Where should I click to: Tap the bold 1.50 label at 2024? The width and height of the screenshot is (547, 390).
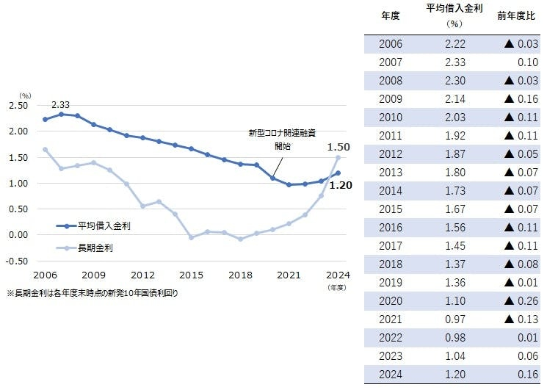pos(338,147)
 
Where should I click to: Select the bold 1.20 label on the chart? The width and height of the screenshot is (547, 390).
pos(341,185)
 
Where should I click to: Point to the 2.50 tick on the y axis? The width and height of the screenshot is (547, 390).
pos(19,106)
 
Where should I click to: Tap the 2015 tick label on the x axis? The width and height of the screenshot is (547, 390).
pos(192,275)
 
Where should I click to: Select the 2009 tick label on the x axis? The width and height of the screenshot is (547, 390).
pos(93,275)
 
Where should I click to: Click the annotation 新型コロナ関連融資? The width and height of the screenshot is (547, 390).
pos(281,134)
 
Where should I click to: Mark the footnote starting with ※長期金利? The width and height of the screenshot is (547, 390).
pos(93,292)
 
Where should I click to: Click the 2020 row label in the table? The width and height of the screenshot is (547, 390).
pos(391,301)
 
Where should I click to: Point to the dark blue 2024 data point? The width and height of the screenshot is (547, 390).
pos(338,173)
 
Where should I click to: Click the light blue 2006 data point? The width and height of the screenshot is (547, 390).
pos(45,150)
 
